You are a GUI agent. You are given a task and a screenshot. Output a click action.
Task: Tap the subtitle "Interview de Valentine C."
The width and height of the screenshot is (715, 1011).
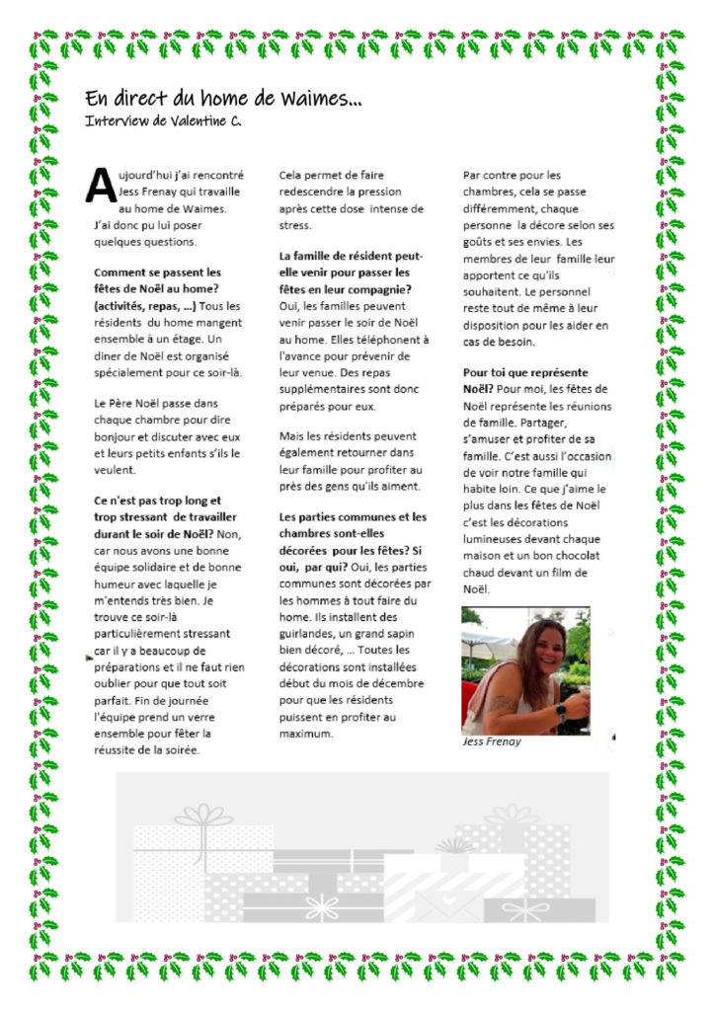tap(163, 120)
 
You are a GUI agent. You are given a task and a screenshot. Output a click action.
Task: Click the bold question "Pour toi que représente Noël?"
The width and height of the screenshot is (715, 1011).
tap(525, 381)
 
